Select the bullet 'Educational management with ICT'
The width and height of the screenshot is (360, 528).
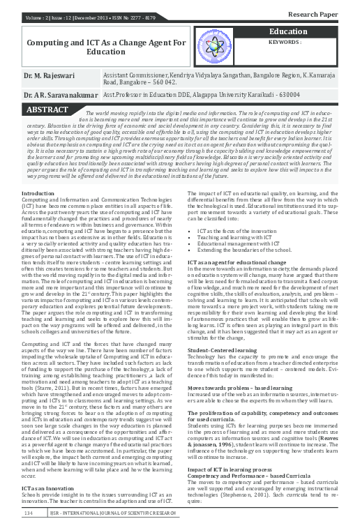click(x=243, y=243)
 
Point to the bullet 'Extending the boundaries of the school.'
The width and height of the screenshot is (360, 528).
click(x=247, y=250)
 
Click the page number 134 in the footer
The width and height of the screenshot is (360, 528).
click(x=29, y=513)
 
